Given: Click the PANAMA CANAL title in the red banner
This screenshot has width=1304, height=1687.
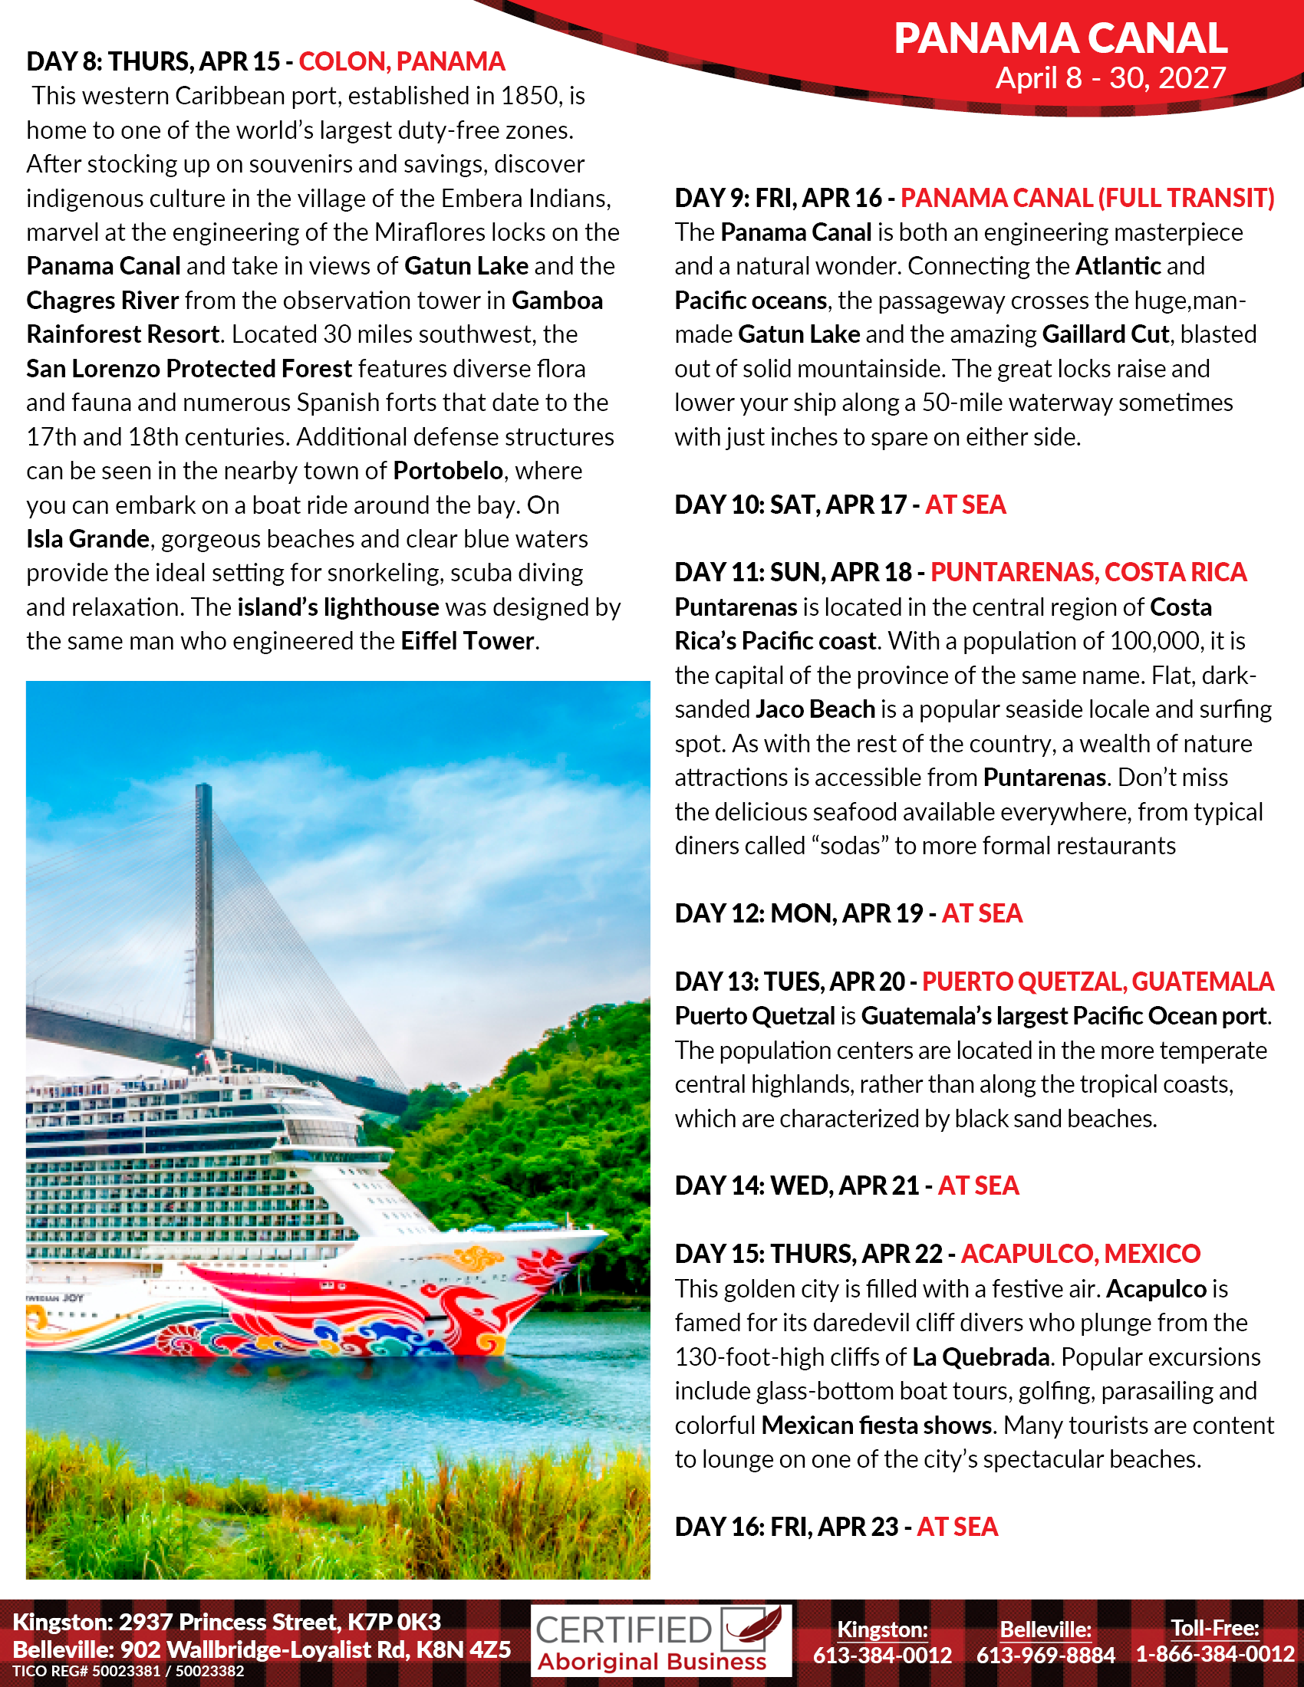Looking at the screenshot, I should tap(1060, 38).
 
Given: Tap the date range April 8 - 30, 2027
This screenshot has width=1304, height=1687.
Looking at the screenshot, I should tap(1110, 78).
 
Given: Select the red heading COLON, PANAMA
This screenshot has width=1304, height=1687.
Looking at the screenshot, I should tap(402, 61).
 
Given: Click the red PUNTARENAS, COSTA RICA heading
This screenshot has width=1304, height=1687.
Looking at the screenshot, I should tap(1088, 571).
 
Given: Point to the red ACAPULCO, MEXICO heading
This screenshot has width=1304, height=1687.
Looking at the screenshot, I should tap(1080, 1253).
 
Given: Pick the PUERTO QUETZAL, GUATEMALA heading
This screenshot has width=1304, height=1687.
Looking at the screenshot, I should tap(1097, 981).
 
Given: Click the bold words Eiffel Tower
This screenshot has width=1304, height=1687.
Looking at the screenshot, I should tap(467, 641).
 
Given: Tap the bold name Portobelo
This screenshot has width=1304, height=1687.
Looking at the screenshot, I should tap(448, 470).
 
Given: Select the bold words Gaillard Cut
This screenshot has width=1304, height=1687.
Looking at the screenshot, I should tap(1105, 334).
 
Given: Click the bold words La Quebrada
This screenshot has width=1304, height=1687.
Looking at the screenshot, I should tap(980, 1357).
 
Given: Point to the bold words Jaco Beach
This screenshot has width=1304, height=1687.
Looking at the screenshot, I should tap(815, 709).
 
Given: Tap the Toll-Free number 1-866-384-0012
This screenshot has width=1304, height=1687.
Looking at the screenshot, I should tap(1214, 1654).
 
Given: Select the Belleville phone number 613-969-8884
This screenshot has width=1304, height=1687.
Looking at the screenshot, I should tap(1046, 1655).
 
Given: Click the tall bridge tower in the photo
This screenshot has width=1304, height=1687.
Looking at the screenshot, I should tap(204, 912).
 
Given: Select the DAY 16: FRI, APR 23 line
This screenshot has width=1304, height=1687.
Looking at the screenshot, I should tap(836, 1526).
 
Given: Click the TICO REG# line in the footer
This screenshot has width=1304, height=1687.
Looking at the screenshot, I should tap(128, 1671).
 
